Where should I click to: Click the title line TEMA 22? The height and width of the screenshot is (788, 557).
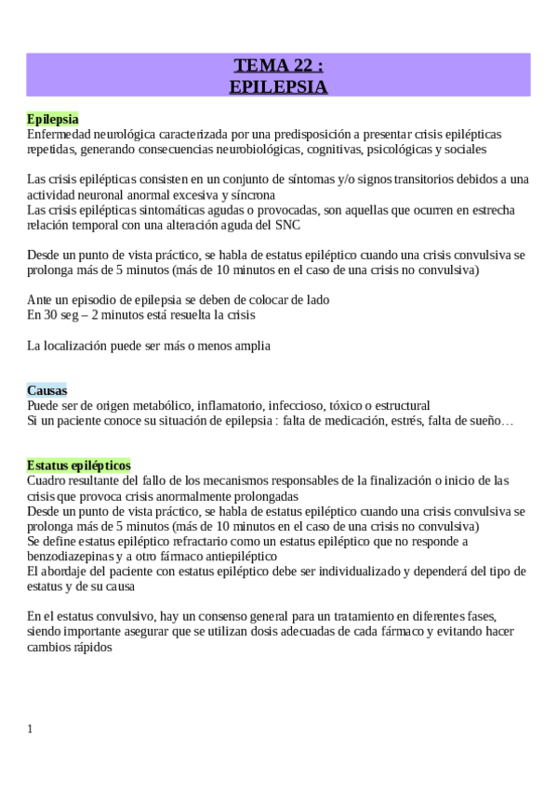coord(278,66)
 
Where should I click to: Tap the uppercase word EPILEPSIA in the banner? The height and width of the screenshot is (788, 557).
coord(278,86)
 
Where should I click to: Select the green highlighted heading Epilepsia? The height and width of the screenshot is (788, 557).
coord(53,119)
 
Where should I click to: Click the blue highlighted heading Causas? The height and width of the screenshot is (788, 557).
coord(46,390)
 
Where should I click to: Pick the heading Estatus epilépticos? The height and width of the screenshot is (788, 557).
coord(79,465)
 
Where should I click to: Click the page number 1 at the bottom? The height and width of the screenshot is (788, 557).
coord(31,729)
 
